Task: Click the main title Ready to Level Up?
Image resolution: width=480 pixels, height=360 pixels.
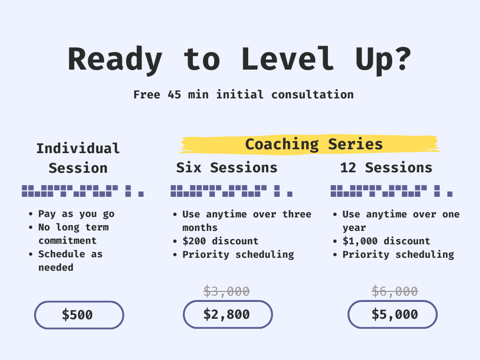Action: [240, 60]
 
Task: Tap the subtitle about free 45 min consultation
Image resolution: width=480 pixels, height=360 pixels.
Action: [243, 95]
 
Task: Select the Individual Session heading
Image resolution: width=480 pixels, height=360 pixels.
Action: [78, 158]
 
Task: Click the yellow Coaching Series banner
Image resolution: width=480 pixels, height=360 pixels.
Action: [313, 144]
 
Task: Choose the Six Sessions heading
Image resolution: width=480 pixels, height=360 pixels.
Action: [227, 168]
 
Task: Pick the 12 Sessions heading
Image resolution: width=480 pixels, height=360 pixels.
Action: [386, 168]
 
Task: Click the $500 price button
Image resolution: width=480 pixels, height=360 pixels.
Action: [79, 315]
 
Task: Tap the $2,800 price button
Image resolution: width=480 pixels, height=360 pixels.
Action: [228, 314]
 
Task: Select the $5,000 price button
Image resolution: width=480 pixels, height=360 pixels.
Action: [392, 314]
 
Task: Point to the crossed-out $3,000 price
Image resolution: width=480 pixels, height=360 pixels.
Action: [227, 291]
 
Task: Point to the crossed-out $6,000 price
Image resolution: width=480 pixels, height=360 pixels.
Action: [395, 291]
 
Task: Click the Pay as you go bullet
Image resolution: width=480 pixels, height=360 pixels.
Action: [76, 214]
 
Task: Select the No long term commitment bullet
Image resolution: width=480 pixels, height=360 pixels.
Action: [73, 234]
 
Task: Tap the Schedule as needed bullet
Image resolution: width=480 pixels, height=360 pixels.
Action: [70, 261]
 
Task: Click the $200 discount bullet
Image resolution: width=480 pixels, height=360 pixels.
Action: [220, 241]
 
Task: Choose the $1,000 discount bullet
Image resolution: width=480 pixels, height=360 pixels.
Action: [386, 241]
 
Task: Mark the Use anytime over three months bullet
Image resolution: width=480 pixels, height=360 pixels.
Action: [246, 220]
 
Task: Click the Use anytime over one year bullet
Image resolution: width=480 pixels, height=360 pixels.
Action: [401, 220]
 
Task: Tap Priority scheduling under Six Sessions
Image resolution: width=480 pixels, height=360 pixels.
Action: [238, 254]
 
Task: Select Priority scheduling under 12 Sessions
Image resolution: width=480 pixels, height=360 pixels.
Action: [398, 254]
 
